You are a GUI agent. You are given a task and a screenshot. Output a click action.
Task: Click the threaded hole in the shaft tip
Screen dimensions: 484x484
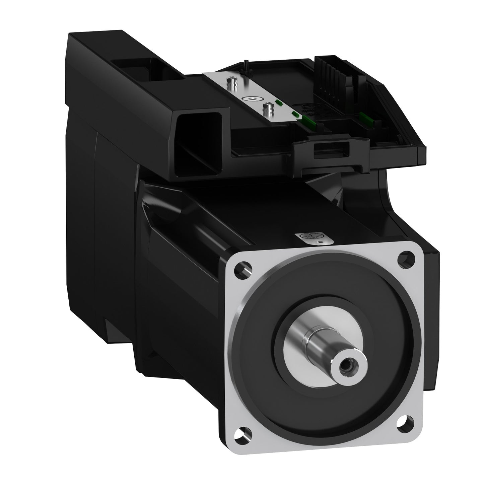(x=345, y=368)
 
